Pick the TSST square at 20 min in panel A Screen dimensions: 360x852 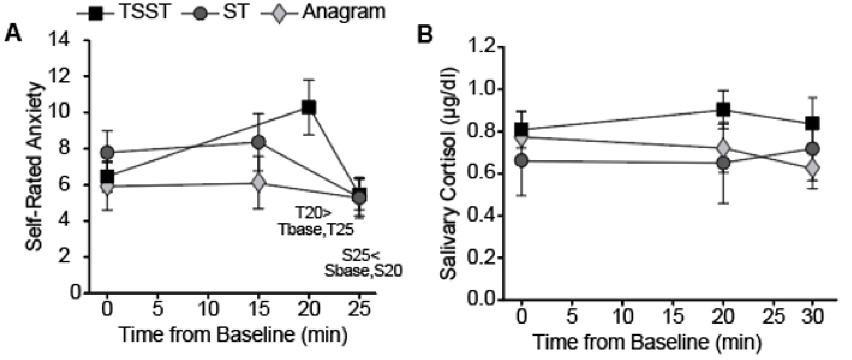click(x=308, y=107)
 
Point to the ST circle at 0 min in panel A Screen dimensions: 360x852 click(x=107, y=152)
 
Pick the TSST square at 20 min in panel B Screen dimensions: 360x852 click(x=723, y=109)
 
